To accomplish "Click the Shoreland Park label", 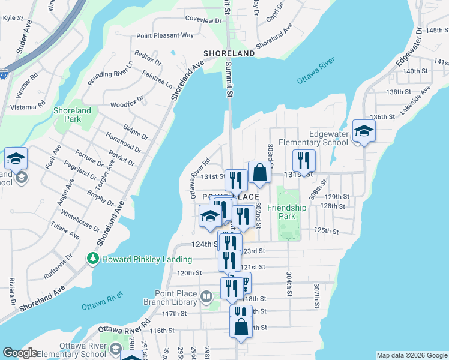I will tap(72, 115).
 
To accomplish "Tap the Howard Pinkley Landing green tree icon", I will tap(92, 259).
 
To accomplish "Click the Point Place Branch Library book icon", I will tap(206, 296).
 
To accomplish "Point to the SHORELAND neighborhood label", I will tap(229, 53).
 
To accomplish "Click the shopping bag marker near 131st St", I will tap(259, 173).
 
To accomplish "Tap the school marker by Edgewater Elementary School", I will tap(364, 130).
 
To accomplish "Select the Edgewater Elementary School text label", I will tap(328, 138).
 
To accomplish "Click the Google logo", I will tap(20, 353).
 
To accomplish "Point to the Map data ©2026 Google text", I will tap(411, 355).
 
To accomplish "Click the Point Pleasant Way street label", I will tap(165, 35).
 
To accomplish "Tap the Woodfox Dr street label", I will tap(127, 101).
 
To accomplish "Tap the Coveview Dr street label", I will tap(203, 20).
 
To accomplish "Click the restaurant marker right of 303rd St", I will tap(304, 160).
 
